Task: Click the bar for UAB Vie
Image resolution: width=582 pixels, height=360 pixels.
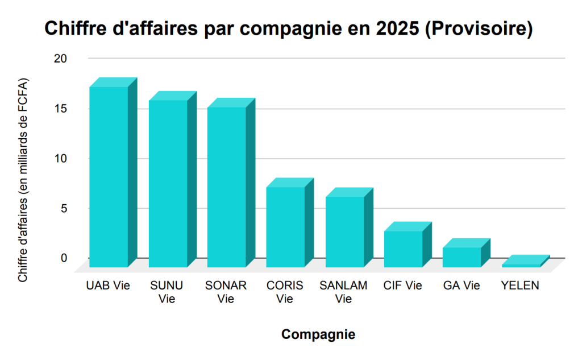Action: point(109,176)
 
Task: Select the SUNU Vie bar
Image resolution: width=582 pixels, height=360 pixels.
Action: point(168,183)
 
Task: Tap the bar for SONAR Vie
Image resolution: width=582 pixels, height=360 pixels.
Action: point(226,187)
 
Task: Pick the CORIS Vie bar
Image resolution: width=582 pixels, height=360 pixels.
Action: point(285,226)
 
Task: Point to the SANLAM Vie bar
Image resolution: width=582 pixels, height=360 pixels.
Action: point(344,231)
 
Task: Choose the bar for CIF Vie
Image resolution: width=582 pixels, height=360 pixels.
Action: point(403,249)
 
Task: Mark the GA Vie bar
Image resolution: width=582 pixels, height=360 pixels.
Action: point(462,257)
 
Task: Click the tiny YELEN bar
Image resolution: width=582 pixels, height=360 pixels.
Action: point(520,265)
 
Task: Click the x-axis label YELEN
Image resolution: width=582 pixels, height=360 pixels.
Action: point(520,285)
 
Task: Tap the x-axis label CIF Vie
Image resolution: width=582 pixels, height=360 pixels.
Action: point(403,285)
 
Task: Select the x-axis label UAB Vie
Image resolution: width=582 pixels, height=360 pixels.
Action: point(109,285)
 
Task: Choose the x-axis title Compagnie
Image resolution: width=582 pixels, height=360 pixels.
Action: point(318,334)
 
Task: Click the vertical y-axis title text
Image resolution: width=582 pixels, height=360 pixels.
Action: point(23,180)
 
